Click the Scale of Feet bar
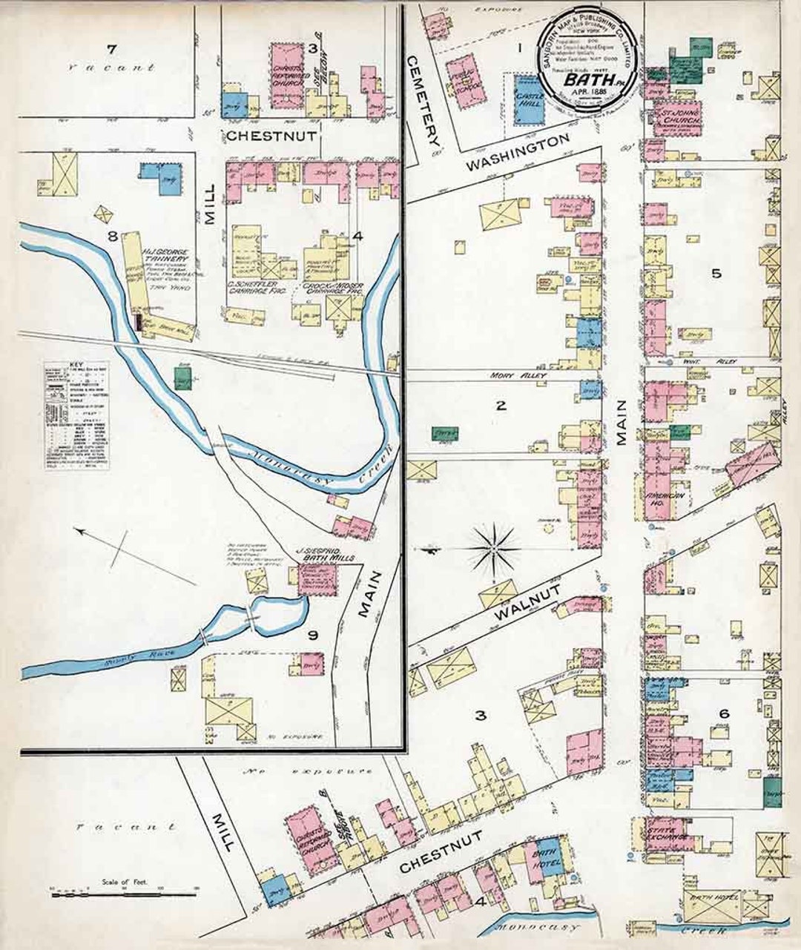[x=124, y=892]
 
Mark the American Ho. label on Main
[x=659, y=501]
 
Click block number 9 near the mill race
[x=313, y=635]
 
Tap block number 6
[x=724, y=713]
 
